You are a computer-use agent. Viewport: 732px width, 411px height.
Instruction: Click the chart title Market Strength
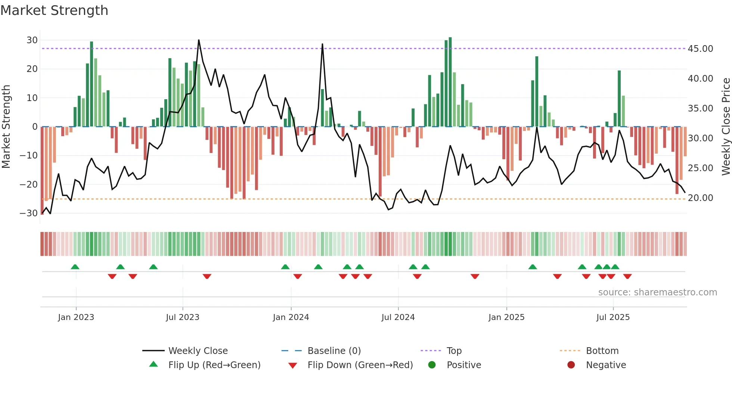[x=54, y=10]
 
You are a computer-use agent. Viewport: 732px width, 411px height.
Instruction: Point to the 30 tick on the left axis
[x=32, y=40]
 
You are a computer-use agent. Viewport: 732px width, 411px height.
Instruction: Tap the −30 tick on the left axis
[x=29, y=213]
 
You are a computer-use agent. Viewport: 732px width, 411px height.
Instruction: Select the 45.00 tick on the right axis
[x=700, y=49]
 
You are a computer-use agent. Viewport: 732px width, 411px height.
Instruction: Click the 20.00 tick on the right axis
[x=700, y=198]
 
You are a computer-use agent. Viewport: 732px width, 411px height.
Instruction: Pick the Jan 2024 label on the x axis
[x=291, y=317]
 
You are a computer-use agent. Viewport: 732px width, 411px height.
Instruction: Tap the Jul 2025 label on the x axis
[x=613, y=317]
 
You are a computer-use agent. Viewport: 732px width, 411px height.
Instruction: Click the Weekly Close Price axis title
[x=726, y=127]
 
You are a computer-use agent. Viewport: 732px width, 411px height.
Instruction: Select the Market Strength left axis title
[x=6, y=127]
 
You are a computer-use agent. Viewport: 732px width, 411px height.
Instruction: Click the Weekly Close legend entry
[x=198, y=351]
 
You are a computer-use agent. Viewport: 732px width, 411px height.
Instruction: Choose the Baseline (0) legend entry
[x=334, y=351]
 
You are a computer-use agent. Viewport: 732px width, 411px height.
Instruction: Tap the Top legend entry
[x=454, y=351]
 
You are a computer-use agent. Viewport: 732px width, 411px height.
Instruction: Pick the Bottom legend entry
[x=602, y=351]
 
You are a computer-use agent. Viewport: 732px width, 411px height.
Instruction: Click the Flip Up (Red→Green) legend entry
[x=214, y=365]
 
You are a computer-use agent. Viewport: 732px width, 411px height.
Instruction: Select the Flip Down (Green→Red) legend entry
[x=360, y=365]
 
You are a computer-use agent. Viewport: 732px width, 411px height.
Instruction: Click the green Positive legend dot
[x=432, y=365]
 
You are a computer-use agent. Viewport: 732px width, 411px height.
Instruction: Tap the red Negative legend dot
[x=571, y=365]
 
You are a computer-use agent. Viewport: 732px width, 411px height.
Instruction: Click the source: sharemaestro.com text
[x=657, y=292]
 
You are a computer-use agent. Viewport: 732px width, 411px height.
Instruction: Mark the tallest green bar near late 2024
[x=450, y=82]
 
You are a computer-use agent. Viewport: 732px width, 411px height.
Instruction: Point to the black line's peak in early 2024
[x=322, y=44]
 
